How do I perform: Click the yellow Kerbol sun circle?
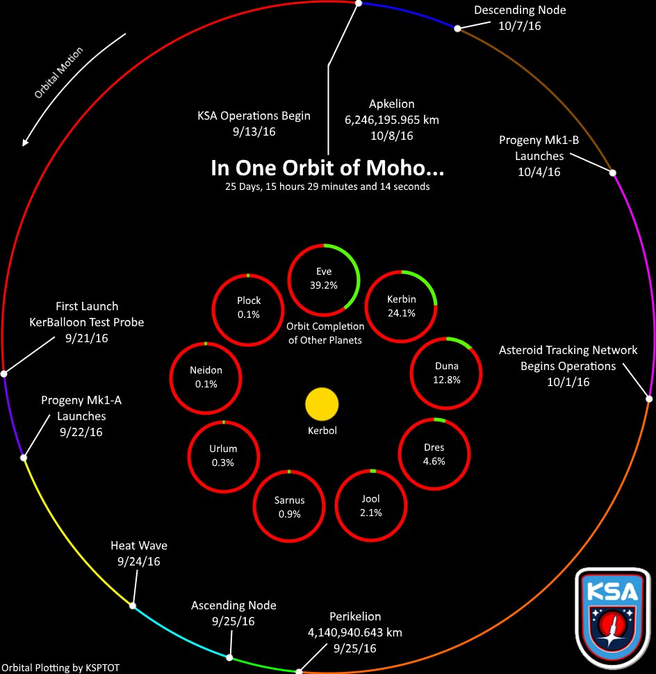[x=322, y=405]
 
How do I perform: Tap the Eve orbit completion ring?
[x=324, y=279]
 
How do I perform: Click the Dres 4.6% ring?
[x=434, y=454]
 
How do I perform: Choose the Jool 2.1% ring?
[x=371, y=506]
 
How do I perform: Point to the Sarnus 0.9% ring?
[x=290, y=507]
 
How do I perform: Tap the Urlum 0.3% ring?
[x=223, y=456]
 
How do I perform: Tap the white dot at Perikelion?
[x=299, y=671]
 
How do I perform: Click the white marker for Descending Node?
[x=457, y=29]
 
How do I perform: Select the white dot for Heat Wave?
[x=133, y=606]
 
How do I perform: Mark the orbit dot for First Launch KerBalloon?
[x=4, y=374]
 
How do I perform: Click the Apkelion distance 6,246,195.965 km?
[x=392, y=120]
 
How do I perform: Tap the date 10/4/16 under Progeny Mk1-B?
[x=539, y=172]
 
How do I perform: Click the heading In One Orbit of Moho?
[x=327, y=169]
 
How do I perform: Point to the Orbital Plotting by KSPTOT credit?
[x=65, y=668]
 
